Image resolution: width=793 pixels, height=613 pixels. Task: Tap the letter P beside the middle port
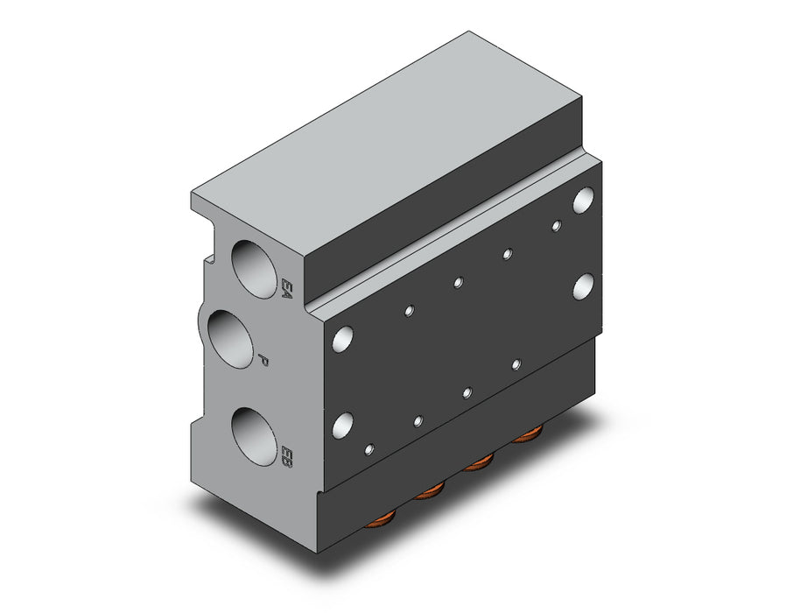[263, 360]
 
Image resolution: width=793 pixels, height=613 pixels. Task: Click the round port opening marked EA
[255, 269]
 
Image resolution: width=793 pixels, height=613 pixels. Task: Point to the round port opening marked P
[230, 339]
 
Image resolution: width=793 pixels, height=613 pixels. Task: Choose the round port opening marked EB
[255, 436]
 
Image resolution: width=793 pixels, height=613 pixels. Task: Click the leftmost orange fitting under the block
[380, 518]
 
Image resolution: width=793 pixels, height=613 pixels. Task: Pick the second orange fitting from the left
[428, 490]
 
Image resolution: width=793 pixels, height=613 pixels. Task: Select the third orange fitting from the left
[478, 462]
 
